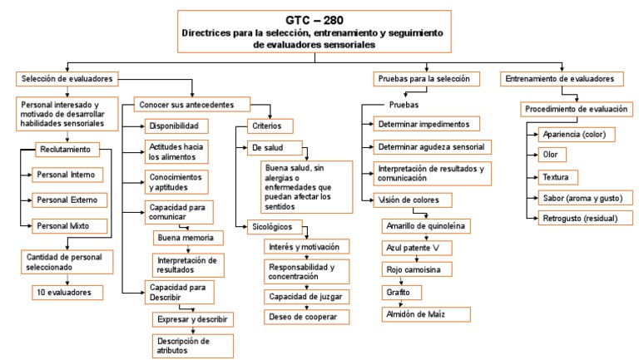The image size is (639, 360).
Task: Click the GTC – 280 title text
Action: pos(310,17)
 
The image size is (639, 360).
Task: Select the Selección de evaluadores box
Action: pos(66,79)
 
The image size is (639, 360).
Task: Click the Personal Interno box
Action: pos(69,175)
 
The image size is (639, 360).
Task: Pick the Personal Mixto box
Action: pos(69,225)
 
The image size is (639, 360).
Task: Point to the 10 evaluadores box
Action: pos(68,292)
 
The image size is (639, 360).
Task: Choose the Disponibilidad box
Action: pos(173,126)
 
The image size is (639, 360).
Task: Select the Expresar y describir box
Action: pos(193,319)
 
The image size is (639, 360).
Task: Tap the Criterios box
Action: pos(269,126)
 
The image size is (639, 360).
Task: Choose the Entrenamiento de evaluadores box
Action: pos(563,79)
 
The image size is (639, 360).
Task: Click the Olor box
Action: pos(550,155)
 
